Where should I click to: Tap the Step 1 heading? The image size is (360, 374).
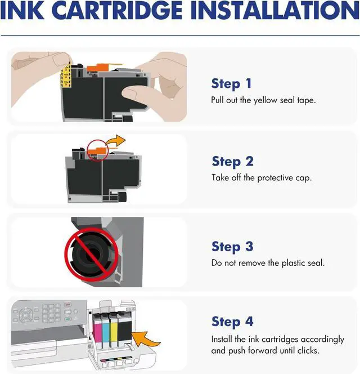click(231, 84)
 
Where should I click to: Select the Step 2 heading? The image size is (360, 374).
click(233, 161)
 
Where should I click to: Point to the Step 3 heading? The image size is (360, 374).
click(232, 246)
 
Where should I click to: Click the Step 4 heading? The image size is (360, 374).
click(232, 322)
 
